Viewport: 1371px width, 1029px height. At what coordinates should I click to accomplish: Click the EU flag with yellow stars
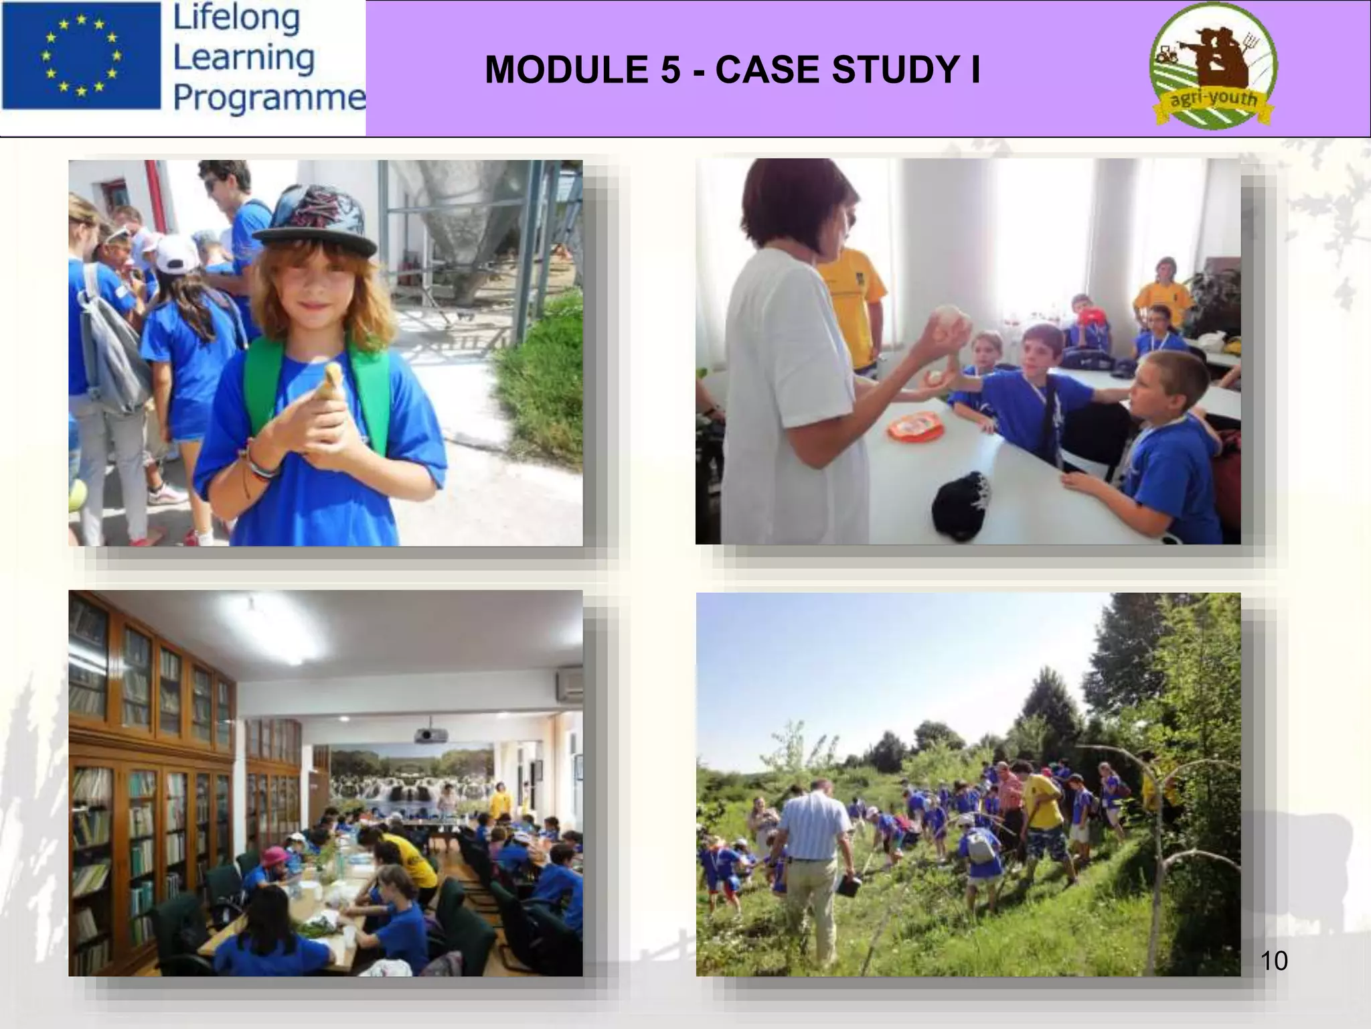(82, 56)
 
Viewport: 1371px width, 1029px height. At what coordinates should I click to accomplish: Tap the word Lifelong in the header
(236, 18)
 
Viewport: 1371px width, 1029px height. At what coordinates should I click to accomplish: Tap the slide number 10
(1273, 961)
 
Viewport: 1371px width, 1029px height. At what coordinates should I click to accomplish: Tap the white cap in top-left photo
(176, 254)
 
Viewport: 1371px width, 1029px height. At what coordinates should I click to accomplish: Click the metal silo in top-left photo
(462, 228)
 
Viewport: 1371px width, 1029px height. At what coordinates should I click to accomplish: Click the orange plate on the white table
(914, 427)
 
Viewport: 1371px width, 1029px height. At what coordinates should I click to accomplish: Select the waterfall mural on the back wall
(408, 777)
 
